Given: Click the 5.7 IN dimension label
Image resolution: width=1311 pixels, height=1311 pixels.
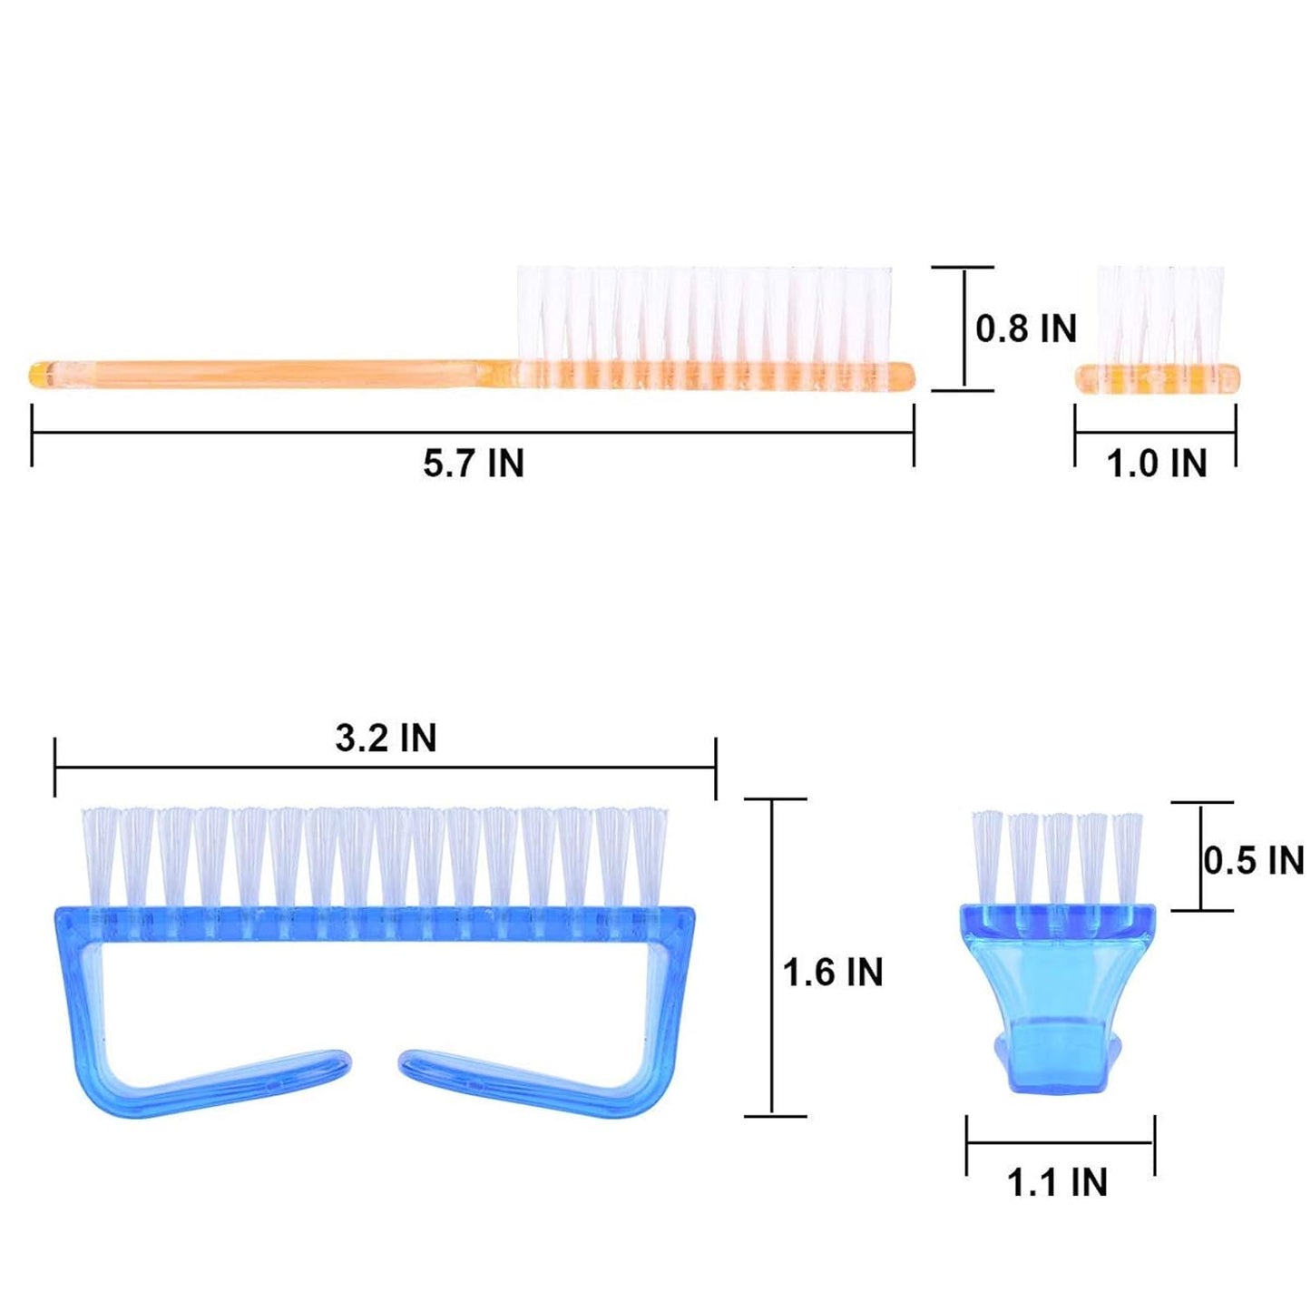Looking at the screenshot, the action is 474,464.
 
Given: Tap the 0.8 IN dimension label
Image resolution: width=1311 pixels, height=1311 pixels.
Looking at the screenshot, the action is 1027,329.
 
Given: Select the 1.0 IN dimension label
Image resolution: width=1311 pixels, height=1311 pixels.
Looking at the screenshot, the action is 1158,464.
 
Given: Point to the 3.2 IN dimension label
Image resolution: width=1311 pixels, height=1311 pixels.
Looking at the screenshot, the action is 386,739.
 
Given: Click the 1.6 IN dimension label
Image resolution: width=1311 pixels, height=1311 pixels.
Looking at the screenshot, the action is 833,972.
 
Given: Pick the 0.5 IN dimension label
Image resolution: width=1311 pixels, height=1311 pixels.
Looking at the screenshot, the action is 1254,861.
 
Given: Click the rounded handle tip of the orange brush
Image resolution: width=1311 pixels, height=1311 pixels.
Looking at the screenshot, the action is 39,376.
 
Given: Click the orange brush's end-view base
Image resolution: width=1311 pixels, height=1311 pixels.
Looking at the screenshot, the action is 1157,379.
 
